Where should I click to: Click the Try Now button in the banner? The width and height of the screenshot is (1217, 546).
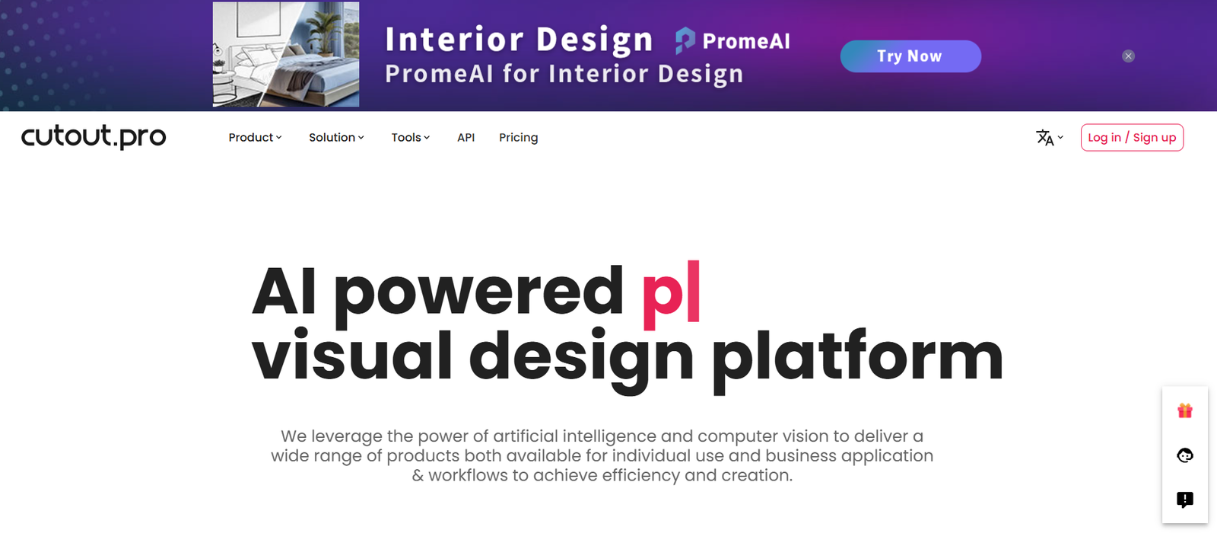pyautogui.click(x=910, y=56)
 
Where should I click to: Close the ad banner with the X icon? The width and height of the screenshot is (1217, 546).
pyautogui.click(x=1129, y=56)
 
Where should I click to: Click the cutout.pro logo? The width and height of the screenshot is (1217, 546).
pyautogui.click(x=94, y=136)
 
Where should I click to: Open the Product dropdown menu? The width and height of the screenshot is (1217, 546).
pyautogui.click(x=255, y=138)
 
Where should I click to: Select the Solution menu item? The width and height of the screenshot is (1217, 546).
pyautogui.click(x=336, y=138)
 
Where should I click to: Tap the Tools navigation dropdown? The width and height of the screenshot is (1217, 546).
pyautogui.click(x=410, y=138)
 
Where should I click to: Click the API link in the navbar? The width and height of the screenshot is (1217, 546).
pyautogui.click(x=466, y=138)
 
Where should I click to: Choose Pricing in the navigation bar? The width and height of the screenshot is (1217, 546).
pyautogui.click(x=518, y=138)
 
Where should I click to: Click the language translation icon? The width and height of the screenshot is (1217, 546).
pyautogui.click(x=1044, y=138)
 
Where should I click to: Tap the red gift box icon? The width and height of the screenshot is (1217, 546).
pyautogui.click(x=1185, y=410)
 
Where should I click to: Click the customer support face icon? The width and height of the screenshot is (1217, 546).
pyautogui.click(x=1185, y=455)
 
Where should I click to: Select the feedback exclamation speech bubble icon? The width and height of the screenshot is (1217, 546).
pyautogui.click(x=1185, y=500)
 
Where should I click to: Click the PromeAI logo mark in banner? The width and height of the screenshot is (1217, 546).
pyautogui.click(x=685, y=41)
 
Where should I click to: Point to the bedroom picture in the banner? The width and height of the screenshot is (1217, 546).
pyautogui.click(x=286, y=54)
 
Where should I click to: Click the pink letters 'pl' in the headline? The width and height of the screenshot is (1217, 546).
pyautogui.click(x=671, y=295)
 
